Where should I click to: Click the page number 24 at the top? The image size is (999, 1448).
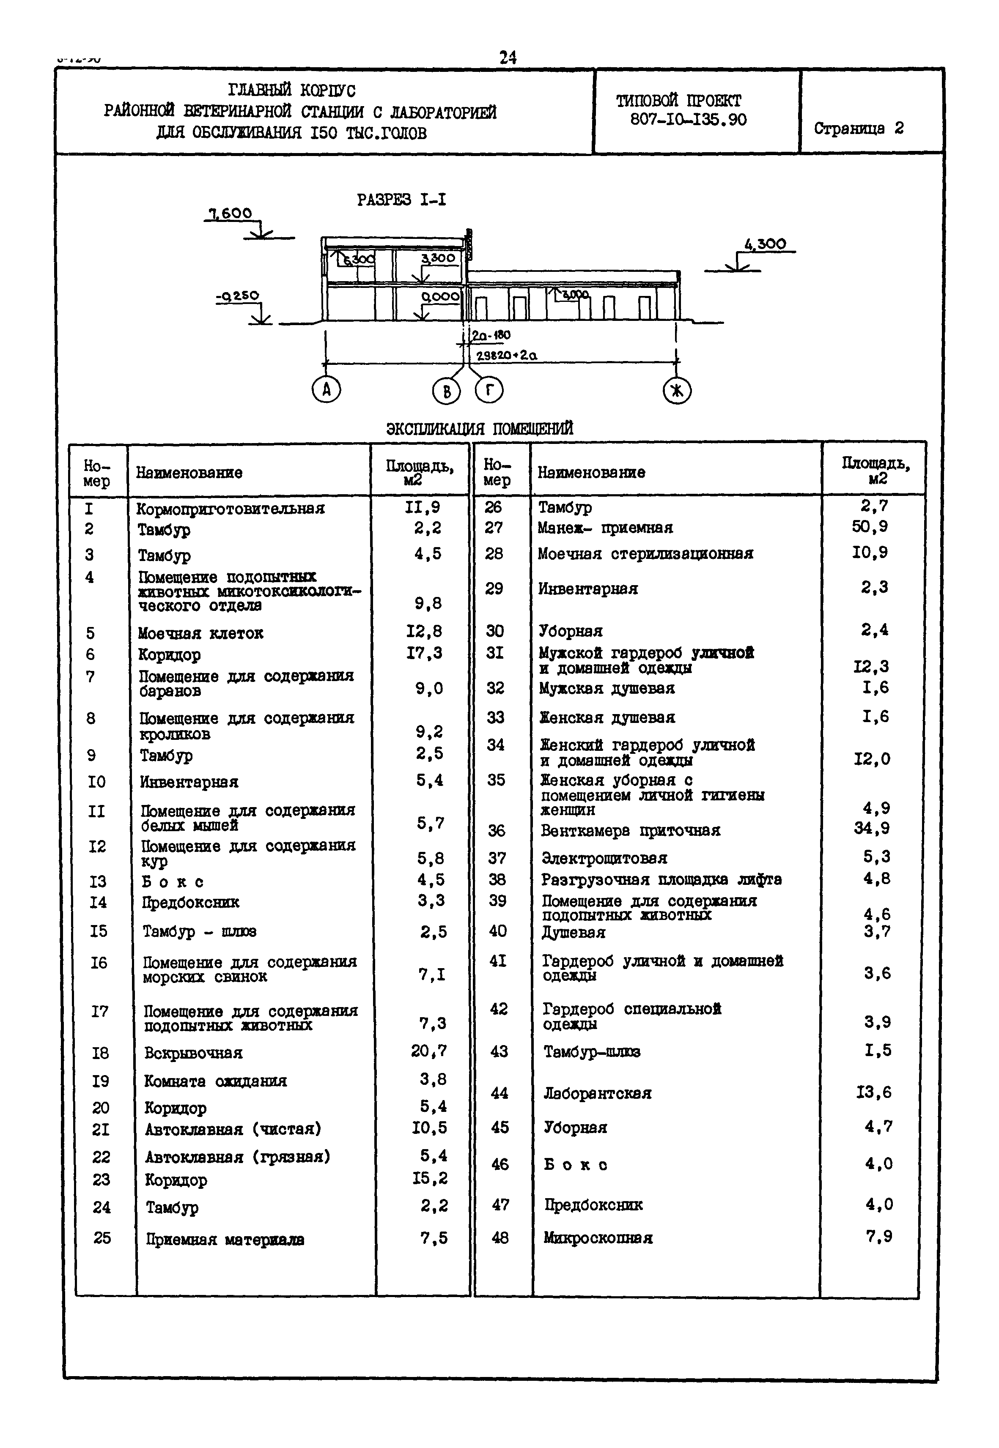point(508,57)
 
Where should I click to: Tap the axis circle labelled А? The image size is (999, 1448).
point(326,391)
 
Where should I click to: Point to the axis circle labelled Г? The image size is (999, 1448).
point(489,391)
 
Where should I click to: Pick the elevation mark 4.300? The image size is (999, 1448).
point(765,244)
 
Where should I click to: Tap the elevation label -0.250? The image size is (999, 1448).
point(238,296)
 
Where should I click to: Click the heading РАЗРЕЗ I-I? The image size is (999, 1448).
point(401,200)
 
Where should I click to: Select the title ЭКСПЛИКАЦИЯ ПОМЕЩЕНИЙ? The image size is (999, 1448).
point(480,429)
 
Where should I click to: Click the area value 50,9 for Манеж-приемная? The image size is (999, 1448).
point(870,526)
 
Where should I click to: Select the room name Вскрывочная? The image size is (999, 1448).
point(193,1053)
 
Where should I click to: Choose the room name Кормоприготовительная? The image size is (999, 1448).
point(231,509)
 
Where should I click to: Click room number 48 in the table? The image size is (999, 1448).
point(500,1238)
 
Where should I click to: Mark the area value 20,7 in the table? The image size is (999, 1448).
point(429,1051)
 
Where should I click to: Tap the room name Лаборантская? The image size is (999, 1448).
point(597,1093)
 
